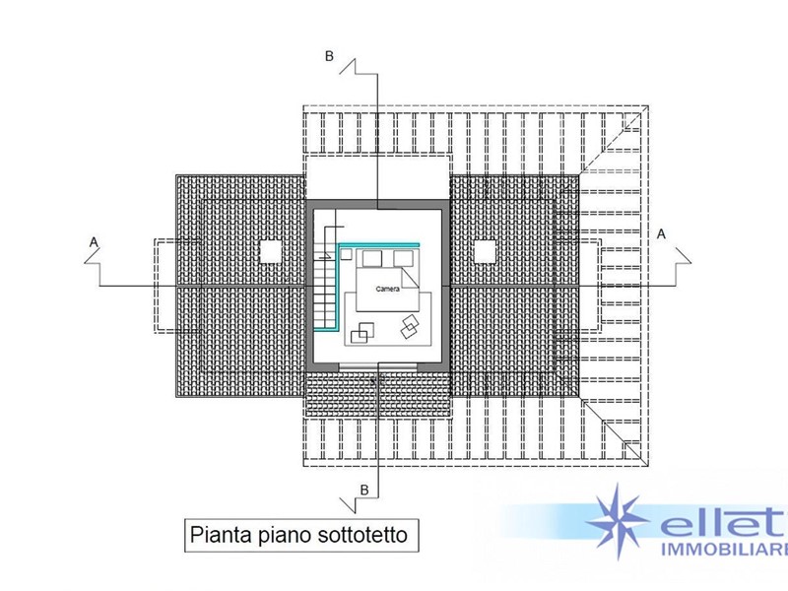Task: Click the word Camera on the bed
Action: pyautogui.click(x=387, y=289)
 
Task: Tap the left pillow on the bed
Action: pyautogui.click(x=372, y=259)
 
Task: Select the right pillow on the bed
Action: pyautogui.click(x=403, y=258)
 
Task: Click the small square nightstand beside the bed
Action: pyautogui.click(x=346, y=254)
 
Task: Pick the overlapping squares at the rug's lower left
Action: pyautogui.click(x=362, y=333)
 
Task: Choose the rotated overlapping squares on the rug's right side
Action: pyautogui.click(x=410, y=326)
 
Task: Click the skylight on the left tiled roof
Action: pyautogui.click(x=273, y=252)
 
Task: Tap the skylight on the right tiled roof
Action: pyautogui.click(x=486, y=252)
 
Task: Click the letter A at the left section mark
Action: pyautogui.click(x=94, y=242)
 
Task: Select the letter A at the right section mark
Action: pyautogui.click(x=661, y=234)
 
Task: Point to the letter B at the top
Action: pyautogui.click(x=329, y=56)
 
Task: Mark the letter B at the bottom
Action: pyautogui.click(x=364, y=490)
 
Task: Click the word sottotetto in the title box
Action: pyautogui.click(x=362, y=534)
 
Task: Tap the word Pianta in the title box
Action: pyautogui.click(x=221, y=534)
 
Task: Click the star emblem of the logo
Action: pyautogui.click(x=618, y=521)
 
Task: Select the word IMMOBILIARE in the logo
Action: pyautogui.click(x=724, y=550)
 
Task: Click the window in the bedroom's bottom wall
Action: pyautogui.click(x=378, y=367)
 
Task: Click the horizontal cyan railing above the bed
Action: pyautogui.click(x=379, y=245)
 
